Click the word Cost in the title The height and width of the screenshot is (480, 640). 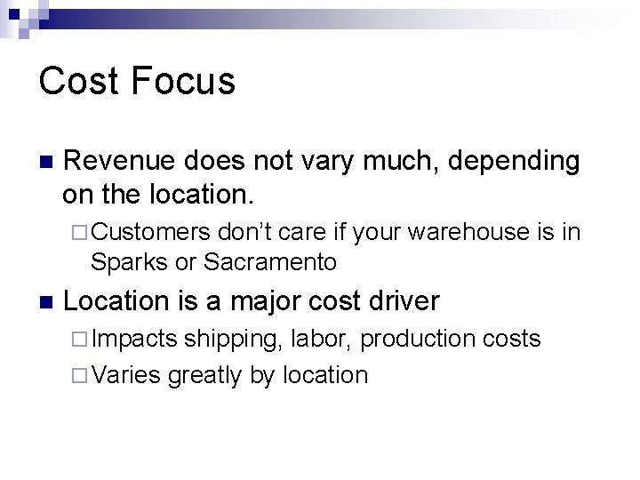click(x=76, y=81)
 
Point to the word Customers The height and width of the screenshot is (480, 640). click(x=150, y=233)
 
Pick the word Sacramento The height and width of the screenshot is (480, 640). click(x=270, y=261)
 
